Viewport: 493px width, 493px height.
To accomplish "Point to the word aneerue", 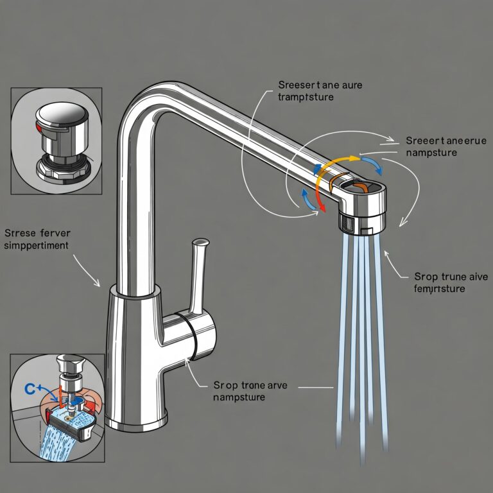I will pos(455,141).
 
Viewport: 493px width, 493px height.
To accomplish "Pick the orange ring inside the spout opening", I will pos(361,187).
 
